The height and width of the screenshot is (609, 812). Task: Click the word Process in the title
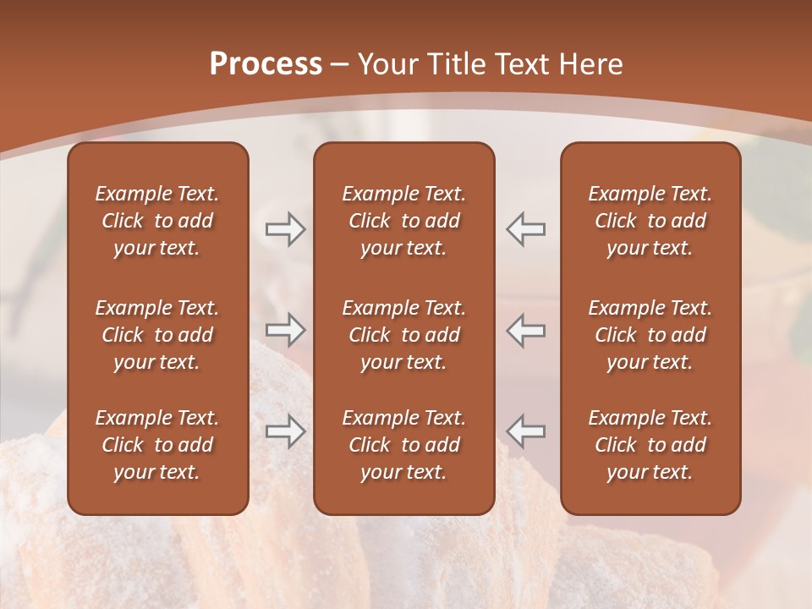[x=266, y=64]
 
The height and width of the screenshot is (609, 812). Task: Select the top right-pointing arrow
[x=285, y=229]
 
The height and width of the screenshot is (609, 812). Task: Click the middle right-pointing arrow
[x=285, y=330]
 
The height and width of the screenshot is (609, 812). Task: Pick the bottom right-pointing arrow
[x=285, y=431]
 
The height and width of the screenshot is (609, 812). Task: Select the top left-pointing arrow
[x=525, y=229]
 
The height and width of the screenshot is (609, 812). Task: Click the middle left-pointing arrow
[x=525, y=330]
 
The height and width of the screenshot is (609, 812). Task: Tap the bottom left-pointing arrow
[x=525, y=431]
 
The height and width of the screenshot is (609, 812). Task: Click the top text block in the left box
[x=157, y=221]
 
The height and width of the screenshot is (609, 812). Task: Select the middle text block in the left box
[x=157, y=335]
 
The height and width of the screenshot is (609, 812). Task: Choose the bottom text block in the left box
[x=157, y=445]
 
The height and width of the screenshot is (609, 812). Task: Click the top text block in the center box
[x=403, y=221]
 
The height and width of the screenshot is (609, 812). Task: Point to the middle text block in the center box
[x=403, y=335]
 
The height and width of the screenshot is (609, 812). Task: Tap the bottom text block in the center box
[x=403, y=445]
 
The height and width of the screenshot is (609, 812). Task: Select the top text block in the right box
[x=650, y=221]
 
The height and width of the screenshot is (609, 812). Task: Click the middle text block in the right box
[x=650, y=335]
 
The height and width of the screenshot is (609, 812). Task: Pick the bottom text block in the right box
[x=650, y=445]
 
